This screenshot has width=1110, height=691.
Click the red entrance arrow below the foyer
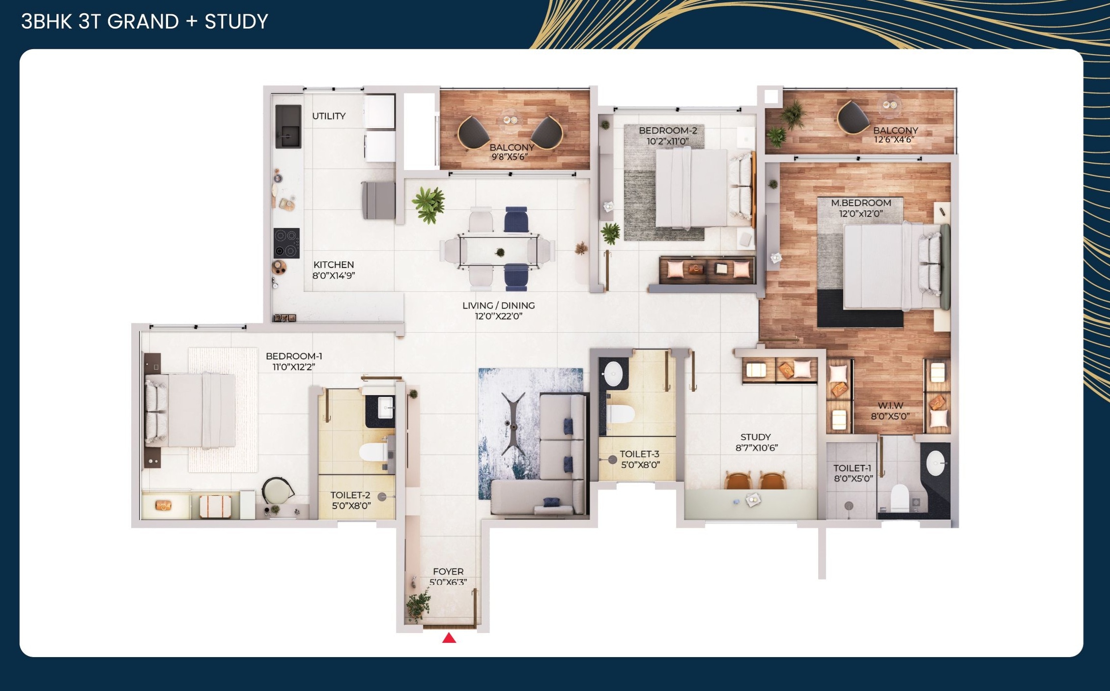449,638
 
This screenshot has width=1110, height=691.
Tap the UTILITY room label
329,116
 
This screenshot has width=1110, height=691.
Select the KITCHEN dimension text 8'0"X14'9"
334,276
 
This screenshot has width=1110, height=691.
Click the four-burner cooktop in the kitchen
286,243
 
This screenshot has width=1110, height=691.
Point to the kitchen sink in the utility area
287,126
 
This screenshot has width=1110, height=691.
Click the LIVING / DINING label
498,305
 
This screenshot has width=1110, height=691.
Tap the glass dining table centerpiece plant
500,253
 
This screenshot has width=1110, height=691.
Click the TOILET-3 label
639,454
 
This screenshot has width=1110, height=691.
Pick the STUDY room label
755,437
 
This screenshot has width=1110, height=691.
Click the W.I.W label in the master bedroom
890,405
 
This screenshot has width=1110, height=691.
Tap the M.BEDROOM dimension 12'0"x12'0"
860,214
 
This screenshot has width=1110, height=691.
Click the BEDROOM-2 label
668,130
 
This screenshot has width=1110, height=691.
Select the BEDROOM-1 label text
294,356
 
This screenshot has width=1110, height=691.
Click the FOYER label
448,572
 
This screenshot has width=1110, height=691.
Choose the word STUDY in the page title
236,22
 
